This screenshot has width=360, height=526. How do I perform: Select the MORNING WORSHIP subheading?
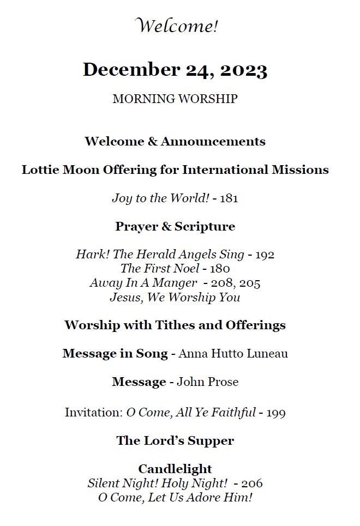[x=175, y=99]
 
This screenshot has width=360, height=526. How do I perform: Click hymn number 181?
[x=229, y=198]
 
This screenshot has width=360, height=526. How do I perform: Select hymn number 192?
[x=265, y=255]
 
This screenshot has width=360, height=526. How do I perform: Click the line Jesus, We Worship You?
[x=175, y=297]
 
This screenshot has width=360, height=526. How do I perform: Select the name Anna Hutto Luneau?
[x=233, y=354]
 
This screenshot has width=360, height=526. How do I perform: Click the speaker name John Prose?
[x=208, y=382]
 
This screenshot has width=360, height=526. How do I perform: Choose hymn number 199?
[x=276, y=413]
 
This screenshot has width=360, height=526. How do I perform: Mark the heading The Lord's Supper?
[x=175, y=441]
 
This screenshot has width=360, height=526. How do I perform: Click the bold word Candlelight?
[x=175, y=469]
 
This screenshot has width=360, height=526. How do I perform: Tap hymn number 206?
[x=252, y=483]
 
